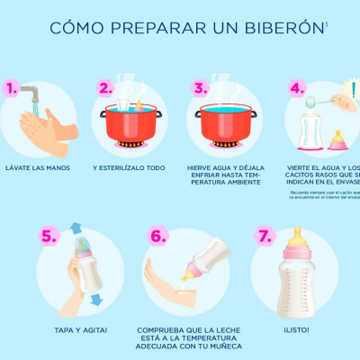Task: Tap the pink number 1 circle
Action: click(x=12, y=88)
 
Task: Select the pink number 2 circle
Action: click(x=106, y=88)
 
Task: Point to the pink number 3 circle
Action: click(x=201, y=88)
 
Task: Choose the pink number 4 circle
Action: click(x=296, y=88)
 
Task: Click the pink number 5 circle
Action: click(x=49, y=237)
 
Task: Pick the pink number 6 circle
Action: click(x=158, y=237)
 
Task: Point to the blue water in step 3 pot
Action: click(x=226, y=112)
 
